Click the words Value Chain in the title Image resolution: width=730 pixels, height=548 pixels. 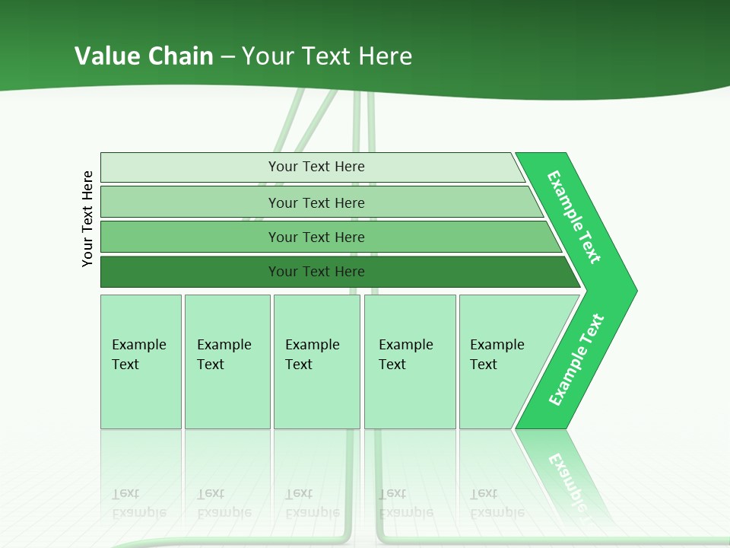(144, 56)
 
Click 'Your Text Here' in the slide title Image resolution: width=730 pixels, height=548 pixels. (327, 56)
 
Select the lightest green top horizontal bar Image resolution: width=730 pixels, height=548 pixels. (190, 167)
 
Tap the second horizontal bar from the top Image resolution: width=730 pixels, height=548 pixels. (190, 202)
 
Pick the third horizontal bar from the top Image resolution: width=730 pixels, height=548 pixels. (190, 237)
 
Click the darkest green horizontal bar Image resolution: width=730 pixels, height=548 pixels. (190, 272)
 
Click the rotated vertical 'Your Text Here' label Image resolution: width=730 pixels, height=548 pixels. (87, 218)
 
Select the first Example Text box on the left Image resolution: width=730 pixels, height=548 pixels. (141, 362)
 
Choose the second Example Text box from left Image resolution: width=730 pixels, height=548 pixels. (227, 362)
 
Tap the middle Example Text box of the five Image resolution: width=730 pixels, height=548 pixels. (316, 362)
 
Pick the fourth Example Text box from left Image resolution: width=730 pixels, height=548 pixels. (410, 362)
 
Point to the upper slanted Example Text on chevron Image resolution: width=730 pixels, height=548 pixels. (574, 217)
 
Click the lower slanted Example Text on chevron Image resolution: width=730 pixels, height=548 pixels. (576, 360)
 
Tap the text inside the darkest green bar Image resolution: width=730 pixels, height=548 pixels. (316, 272)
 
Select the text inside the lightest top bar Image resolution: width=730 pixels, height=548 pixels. (316, 167)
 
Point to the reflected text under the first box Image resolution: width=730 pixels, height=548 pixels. (138, 503)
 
